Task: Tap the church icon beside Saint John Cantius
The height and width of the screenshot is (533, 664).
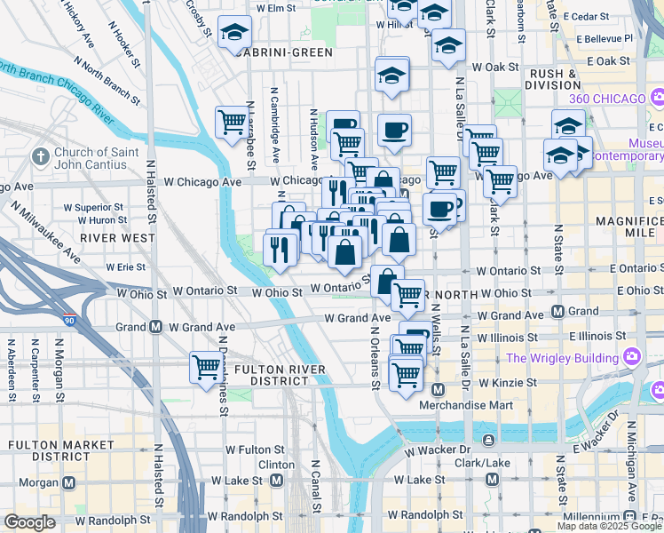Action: pyautogui.click(x=40, y=157)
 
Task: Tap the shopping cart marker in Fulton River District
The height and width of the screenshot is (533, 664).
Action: pyautogui.click(x=206, y=366)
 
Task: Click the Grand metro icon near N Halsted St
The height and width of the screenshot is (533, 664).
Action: pyautogui.click(x=155, y=327)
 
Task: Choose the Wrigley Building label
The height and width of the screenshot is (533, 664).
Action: pyautogui.click(x=563, y=358)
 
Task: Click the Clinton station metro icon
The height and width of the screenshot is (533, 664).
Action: pyautogui.click(x=276, y=481)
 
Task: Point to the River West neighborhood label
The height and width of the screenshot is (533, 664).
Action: pyautogui.click(x=116, y=238)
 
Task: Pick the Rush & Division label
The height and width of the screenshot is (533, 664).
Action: pyautogui.click(x=551, y=80)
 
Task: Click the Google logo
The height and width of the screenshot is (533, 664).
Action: pyautogui.click(x=29, y=522)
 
